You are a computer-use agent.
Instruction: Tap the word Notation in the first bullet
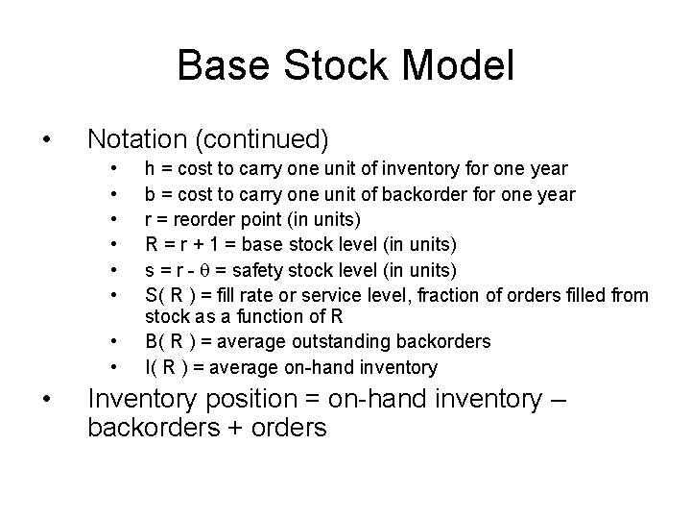pos(139,138)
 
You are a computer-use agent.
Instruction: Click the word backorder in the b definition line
pos(409,194)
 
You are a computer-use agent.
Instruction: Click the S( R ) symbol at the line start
pos(168,294)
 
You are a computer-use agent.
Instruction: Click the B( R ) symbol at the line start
pos(168,341)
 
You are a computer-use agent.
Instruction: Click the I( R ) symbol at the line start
pos(166,366)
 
